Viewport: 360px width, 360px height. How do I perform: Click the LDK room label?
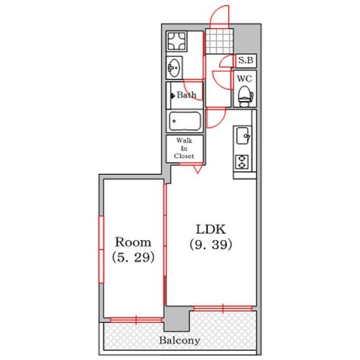pos(211,229)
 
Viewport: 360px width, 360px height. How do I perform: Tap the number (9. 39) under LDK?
pos(211,245)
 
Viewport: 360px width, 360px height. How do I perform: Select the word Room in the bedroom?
pos(133,242)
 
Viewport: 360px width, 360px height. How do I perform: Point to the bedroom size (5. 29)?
pos(133,257)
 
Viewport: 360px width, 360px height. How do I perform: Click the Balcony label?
pos(179,340)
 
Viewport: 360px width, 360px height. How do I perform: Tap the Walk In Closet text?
pos(184,148)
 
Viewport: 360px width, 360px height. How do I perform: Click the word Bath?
pos(187,95)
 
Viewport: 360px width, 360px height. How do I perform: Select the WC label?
pos(245,79)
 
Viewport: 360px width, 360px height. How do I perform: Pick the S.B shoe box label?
pos(245,60)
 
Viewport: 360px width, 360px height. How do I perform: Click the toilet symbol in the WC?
pos(245,97)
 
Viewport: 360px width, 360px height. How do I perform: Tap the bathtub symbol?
pos(185,121)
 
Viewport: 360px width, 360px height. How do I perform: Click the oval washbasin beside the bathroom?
pos(174,68)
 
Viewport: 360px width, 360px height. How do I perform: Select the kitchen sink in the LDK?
pos(243,136)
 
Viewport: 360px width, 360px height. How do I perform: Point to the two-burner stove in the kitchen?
pos(242,162)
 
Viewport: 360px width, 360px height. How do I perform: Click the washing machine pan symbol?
pos(176,41)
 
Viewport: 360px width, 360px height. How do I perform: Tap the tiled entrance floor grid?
pos(219,41)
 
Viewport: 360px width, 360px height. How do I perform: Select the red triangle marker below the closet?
pos(197,169)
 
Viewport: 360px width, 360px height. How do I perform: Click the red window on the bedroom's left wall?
pos(101,250)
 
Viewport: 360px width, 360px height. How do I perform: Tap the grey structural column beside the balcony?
pos(177,319)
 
